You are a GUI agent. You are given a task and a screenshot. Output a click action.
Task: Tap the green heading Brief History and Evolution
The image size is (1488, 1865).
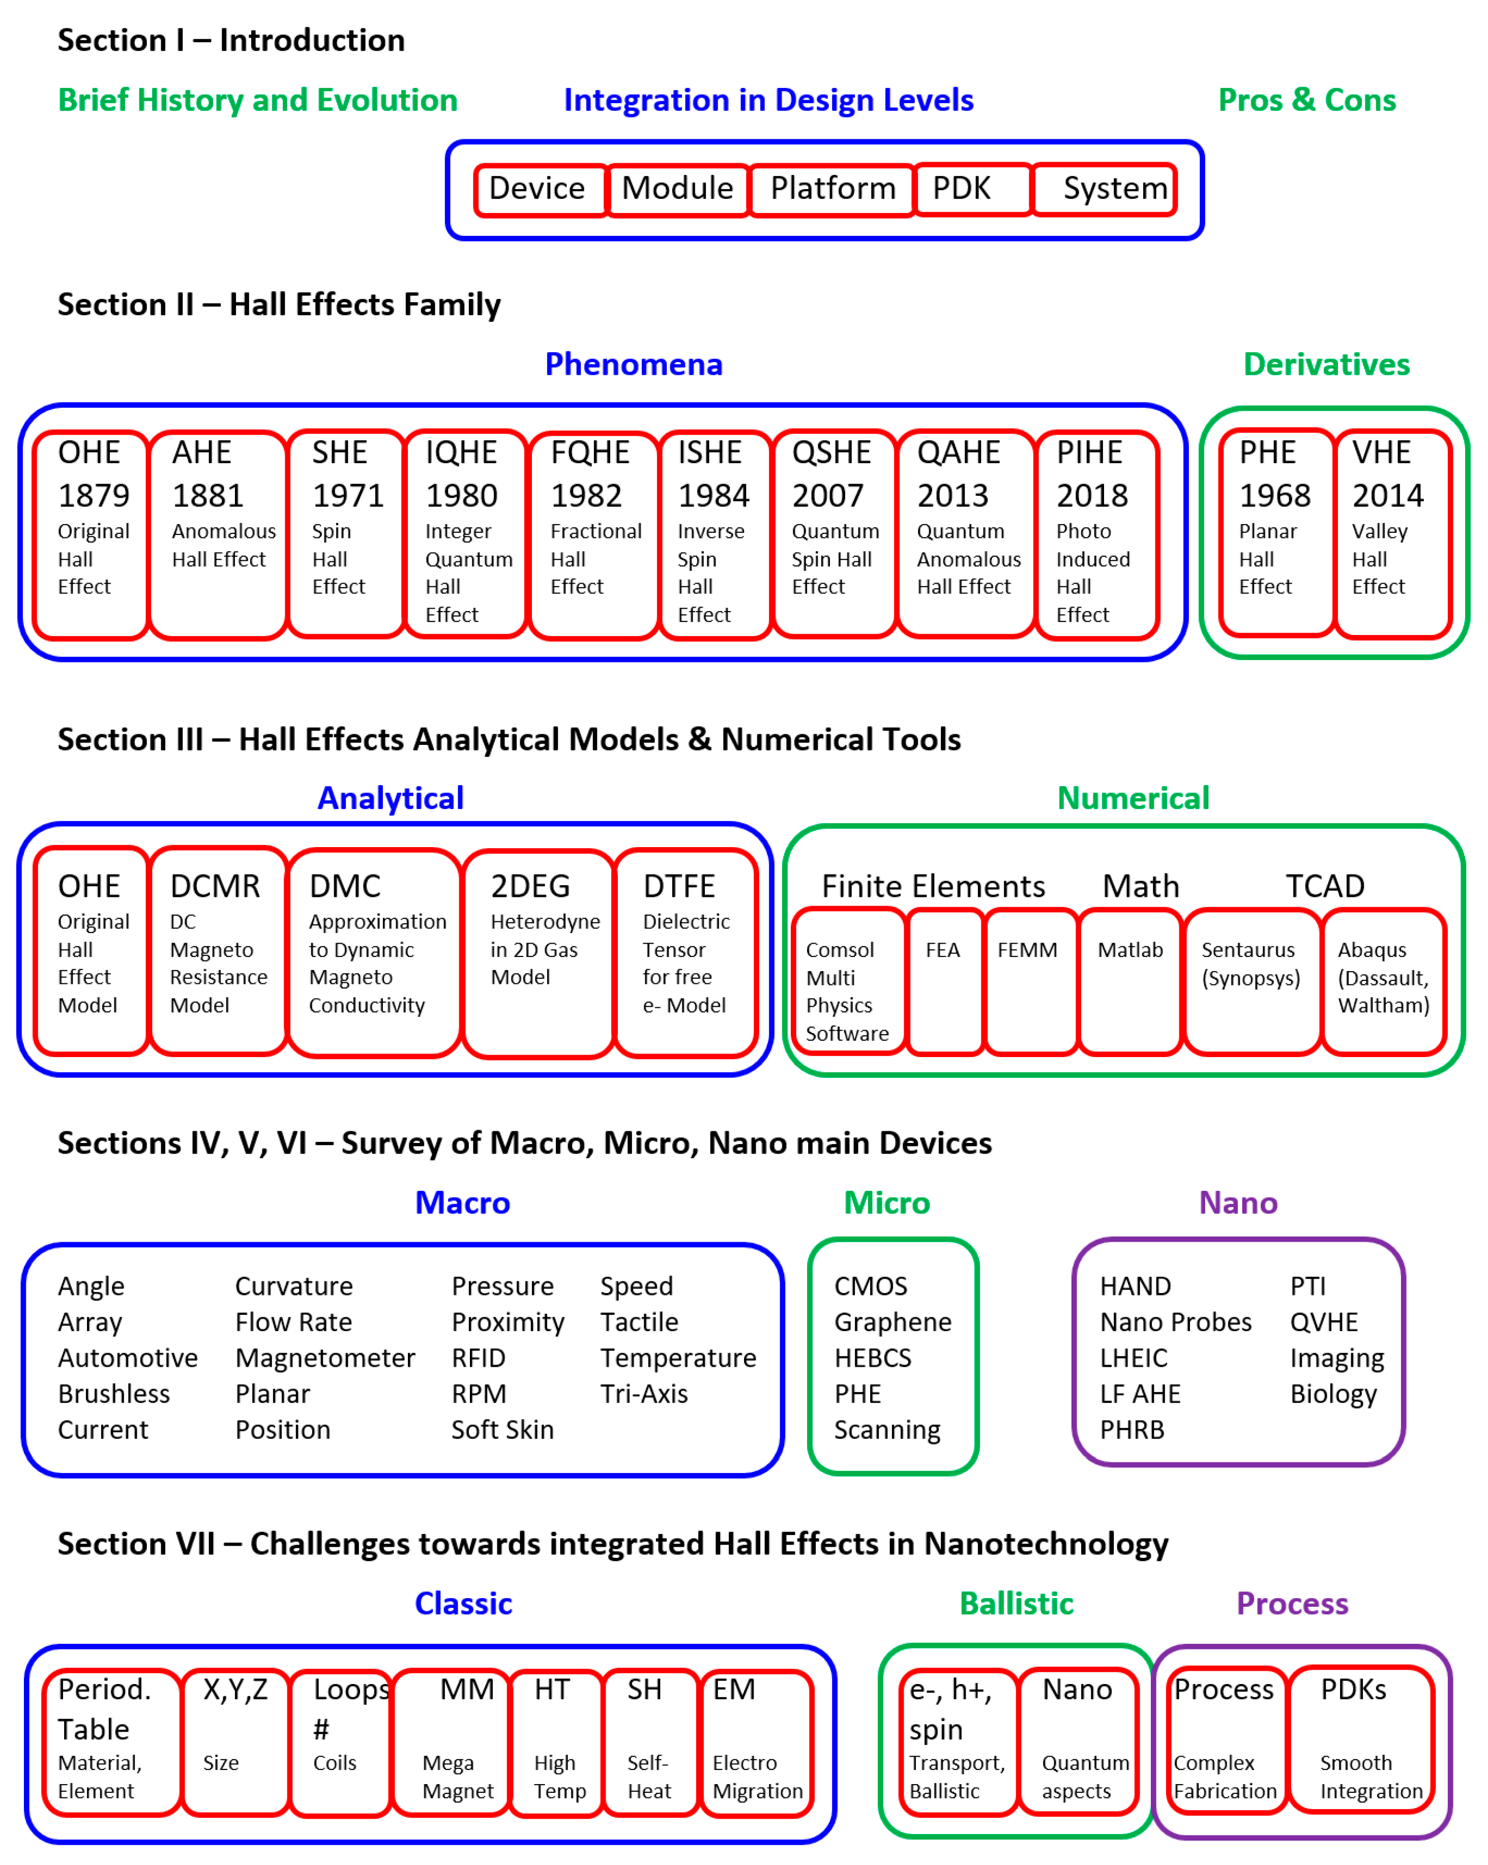coord(257,100)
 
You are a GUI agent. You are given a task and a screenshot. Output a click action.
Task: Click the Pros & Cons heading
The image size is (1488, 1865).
coord(1306,100)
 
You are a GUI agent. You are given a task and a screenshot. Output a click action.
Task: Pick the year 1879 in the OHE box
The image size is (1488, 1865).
coord(94,496)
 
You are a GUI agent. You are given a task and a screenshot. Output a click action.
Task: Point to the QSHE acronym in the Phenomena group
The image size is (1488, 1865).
coord(831,453)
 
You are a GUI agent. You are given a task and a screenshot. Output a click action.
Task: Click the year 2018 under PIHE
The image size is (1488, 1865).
coord(1092,496)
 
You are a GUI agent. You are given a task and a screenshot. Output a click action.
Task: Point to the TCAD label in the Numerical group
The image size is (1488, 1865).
coord(1324,887)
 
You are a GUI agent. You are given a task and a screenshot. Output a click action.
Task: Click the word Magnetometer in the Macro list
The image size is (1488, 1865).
coord(324,1358)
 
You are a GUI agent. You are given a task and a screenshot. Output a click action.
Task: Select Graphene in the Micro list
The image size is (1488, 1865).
coord(892,1322)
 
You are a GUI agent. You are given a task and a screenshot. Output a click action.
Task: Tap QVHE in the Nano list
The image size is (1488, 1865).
coord(1324,1322)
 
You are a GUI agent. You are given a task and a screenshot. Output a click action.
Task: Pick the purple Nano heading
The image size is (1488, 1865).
coord(1237,1204)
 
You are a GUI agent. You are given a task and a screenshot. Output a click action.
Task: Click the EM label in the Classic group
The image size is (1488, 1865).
coord(734,1690)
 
